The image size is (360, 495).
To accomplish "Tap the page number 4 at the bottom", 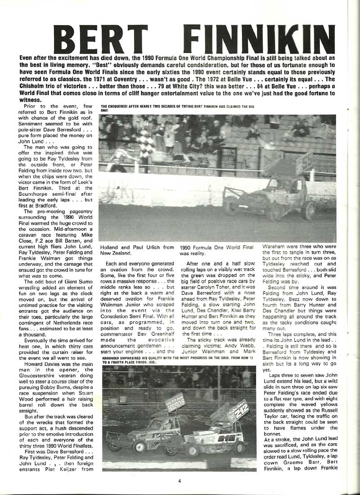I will (x=179, y=481).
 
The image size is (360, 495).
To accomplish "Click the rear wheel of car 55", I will (x=308, y=209).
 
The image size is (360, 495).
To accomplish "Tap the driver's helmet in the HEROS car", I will (x=167, y=424).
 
